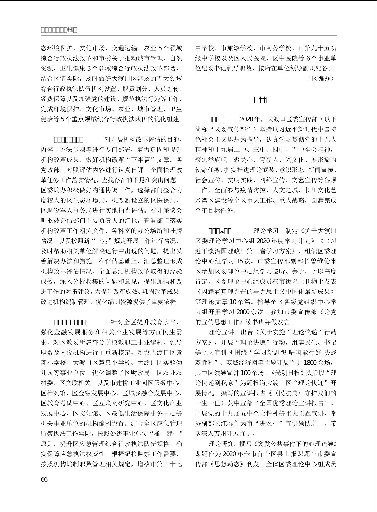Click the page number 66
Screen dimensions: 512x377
44,479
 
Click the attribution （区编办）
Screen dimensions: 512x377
321,79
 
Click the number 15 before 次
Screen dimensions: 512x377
240,261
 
